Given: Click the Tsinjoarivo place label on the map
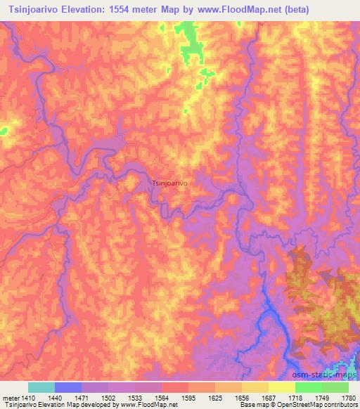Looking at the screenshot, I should tap(169, 183).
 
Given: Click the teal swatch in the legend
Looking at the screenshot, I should tap(41, 387).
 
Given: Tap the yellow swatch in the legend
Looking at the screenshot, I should tap(281, 387).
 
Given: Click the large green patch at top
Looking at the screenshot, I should tap(189, 42).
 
